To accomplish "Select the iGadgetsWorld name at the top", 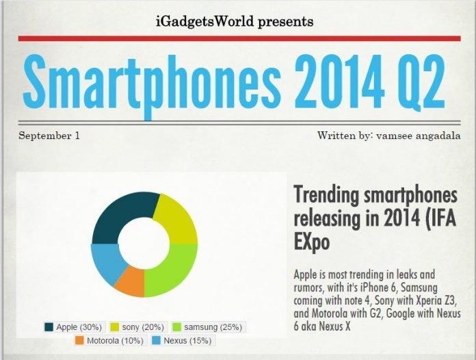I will coord(199,22).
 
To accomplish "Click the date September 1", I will coord(49,135).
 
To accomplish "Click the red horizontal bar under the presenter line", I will coord(238,39).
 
